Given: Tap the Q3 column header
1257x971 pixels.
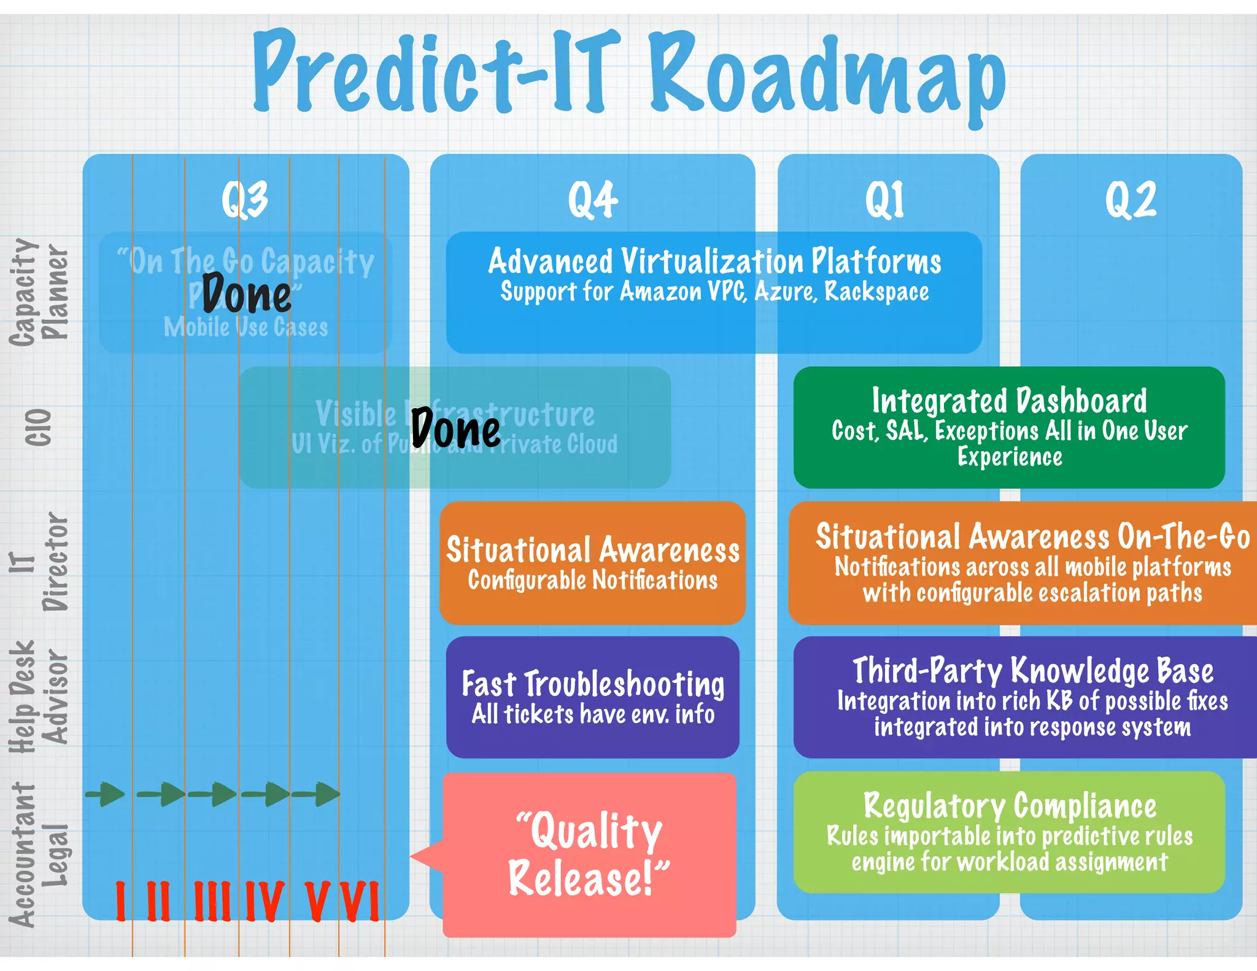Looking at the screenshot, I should click(x=244, y=200).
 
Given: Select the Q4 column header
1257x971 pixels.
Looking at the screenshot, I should click(x=592, y=200).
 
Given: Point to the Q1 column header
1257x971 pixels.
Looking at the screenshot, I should click(x=884, y=200).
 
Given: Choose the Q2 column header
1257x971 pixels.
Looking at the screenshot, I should click(x=1131, y=200).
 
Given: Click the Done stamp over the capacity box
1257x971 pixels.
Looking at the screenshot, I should click(x=247, y=295).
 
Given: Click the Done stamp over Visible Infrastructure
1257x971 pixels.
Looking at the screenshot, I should click(x=455, y=428).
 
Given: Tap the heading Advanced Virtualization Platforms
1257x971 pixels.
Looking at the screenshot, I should click(x=714, y=261).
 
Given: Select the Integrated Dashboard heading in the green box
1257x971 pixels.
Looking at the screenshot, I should click(x=1009, y=401).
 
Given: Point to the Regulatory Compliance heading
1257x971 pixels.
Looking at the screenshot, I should click(x=1010, y=805).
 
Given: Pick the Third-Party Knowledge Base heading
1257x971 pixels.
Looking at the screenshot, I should click(x=1033, y=670).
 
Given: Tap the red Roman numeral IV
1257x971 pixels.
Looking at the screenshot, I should click(x=265, y=901).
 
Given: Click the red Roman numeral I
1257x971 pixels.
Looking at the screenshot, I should click(x=121, y=901).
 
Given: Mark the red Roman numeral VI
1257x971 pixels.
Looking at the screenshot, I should click(x=361, y=901).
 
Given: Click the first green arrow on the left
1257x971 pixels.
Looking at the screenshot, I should click(x=106, y=794).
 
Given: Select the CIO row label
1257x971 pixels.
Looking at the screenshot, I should click(x=38, y=427).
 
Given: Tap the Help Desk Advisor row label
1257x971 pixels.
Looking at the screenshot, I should click(x=38, y=697).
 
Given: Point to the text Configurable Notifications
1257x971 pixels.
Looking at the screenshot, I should click(x=592, y=581).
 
